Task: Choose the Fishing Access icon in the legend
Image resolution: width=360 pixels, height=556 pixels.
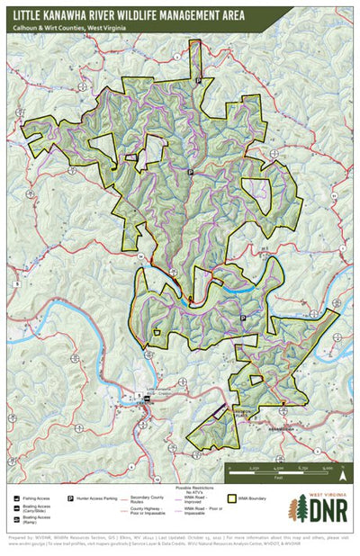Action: pyautogui.click(x=19, y=496)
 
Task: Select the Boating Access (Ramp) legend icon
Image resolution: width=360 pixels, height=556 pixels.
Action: pyautogui.click(x=19, y=519)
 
